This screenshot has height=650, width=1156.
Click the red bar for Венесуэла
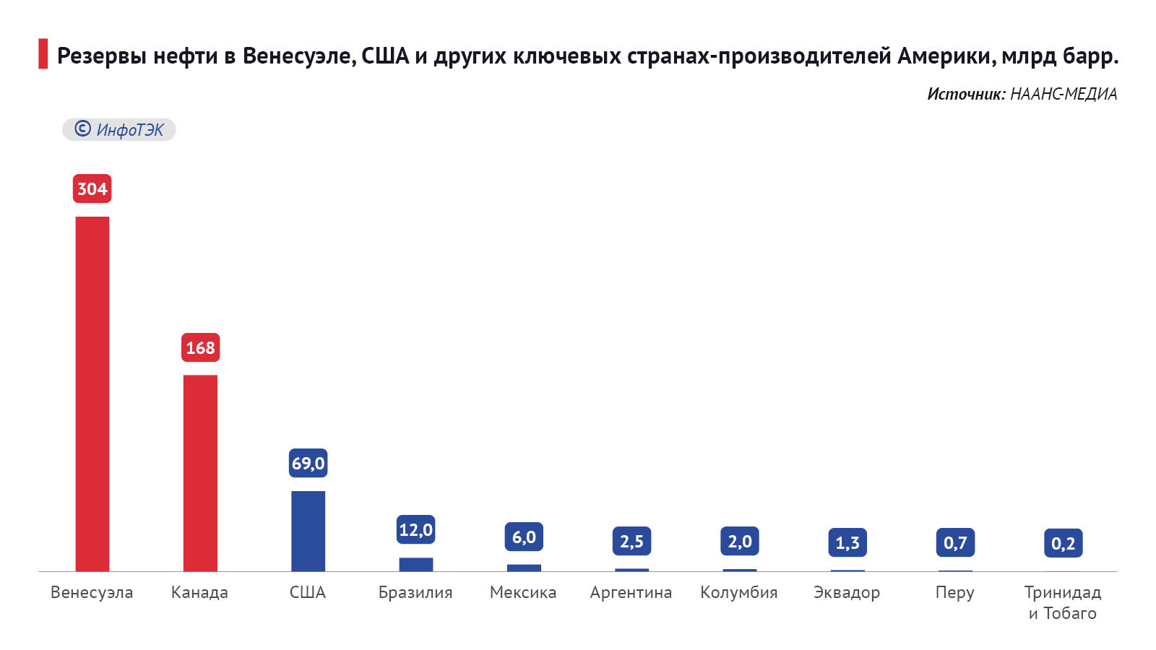(92, 394)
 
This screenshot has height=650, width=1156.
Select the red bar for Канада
(200, 473)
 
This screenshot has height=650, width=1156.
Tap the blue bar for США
(308, 531)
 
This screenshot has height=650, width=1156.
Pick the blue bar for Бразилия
(416, 564)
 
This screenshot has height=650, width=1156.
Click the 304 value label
(92, 188)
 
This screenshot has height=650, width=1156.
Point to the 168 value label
(200, 347)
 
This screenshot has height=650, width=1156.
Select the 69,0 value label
(308, 463)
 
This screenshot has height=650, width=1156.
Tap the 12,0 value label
(416, 529)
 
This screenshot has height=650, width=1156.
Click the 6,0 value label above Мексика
(524, 537)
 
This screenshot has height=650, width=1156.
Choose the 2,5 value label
(631, 541)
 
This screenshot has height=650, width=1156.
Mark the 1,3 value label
(847, 542)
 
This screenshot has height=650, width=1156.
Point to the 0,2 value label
(1063, 543)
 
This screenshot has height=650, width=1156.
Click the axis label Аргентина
(631, 592)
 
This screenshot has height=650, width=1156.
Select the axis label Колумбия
(738, 592)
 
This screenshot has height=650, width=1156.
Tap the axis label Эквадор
(847, 592)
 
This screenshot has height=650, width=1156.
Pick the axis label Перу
(954, 592)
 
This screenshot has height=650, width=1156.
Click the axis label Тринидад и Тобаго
(1062, 602)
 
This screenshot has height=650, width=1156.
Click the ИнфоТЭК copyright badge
(119, 129)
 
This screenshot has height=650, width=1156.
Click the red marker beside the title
(43, 54)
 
